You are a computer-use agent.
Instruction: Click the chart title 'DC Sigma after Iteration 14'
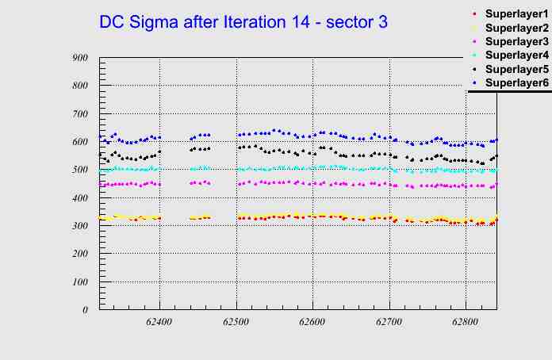243,22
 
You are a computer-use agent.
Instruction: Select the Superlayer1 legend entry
516,15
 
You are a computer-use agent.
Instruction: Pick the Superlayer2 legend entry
516,29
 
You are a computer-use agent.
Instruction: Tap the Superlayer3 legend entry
516,42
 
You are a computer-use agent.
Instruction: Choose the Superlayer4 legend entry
516,56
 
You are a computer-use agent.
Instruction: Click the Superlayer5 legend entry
516,70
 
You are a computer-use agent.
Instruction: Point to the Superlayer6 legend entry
516,83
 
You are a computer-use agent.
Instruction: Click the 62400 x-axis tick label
159,323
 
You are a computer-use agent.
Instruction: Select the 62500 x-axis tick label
236,323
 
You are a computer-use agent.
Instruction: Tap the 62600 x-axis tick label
312,323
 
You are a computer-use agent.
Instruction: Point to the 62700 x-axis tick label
389,323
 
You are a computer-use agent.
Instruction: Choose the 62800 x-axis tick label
465,323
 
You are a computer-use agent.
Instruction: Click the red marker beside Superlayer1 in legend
474,15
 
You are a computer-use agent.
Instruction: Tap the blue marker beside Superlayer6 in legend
474,83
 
